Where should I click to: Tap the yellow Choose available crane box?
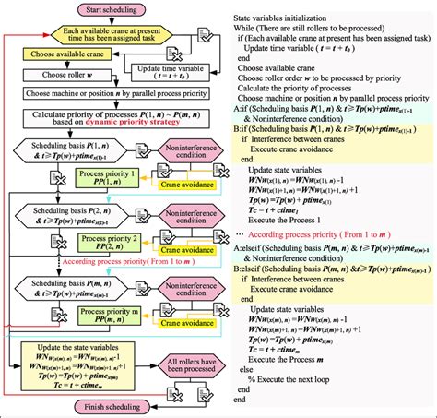click(66, 54)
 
